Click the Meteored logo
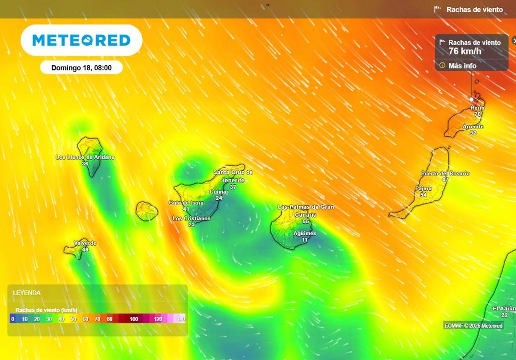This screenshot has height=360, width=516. pyautogui.click(x=81, y=40)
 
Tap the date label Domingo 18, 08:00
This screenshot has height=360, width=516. pyautogui.click(x=81, y=68)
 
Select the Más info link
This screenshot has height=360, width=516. pyautogui.click(x=462, y=66)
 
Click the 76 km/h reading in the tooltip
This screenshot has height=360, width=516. pyautogui.click(x=465, y=51)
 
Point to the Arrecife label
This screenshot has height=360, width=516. pyautogui.click(x=473, y=126)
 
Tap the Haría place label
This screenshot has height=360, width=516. pyautogui.click(x=478, y=108)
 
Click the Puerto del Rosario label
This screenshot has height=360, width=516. pyautogui.click(x=445, y=173)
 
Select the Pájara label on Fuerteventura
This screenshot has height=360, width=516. pyautogui.click(x=423, y=188)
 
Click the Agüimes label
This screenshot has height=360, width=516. pyautogui.click(x=304, y=234)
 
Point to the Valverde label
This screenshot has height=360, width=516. pyautogui.click(x=85, y=243)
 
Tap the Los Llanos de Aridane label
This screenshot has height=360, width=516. pyautogui.click(x=85, y=157)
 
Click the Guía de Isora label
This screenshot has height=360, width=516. pyautogui.click(x=186, y=203)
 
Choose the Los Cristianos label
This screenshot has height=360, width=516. pyautogui.click(x=191, y=218)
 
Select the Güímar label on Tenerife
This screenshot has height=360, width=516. pyautogui.click(x=218, y=192)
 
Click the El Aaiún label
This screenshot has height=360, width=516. pyautogui.click(x=504, y=308)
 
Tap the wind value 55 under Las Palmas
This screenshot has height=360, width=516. pyautogui.click(x=306, y=222)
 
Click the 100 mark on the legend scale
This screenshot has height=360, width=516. pyautogui.click(x=134, y=319)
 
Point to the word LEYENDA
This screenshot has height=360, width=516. pyautogui.click(x=27, y=293)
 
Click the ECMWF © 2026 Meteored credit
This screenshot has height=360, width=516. pyautogui.click(x=473, y=326)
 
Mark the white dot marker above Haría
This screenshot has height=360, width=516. pyautogui.click(x=471, y=99)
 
